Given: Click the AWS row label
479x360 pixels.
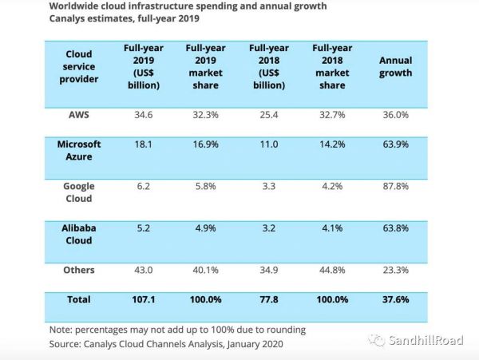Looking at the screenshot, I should click(78, 115).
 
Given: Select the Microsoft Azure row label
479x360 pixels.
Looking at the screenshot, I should click(78, 150).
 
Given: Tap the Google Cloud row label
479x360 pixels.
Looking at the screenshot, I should click(78, 192).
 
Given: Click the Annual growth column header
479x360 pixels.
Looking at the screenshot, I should click(395, 67).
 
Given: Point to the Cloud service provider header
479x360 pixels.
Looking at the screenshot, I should click(78, 67).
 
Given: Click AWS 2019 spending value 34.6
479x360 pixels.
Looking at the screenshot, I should click(144, 115).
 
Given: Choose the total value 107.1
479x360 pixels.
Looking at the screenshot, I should click(144, 299).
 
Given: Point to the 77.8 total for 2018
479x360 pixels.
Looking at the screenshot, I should click(268, 299).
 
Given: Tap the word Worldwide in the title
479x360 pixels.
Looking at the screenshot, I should click(77, 6).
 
